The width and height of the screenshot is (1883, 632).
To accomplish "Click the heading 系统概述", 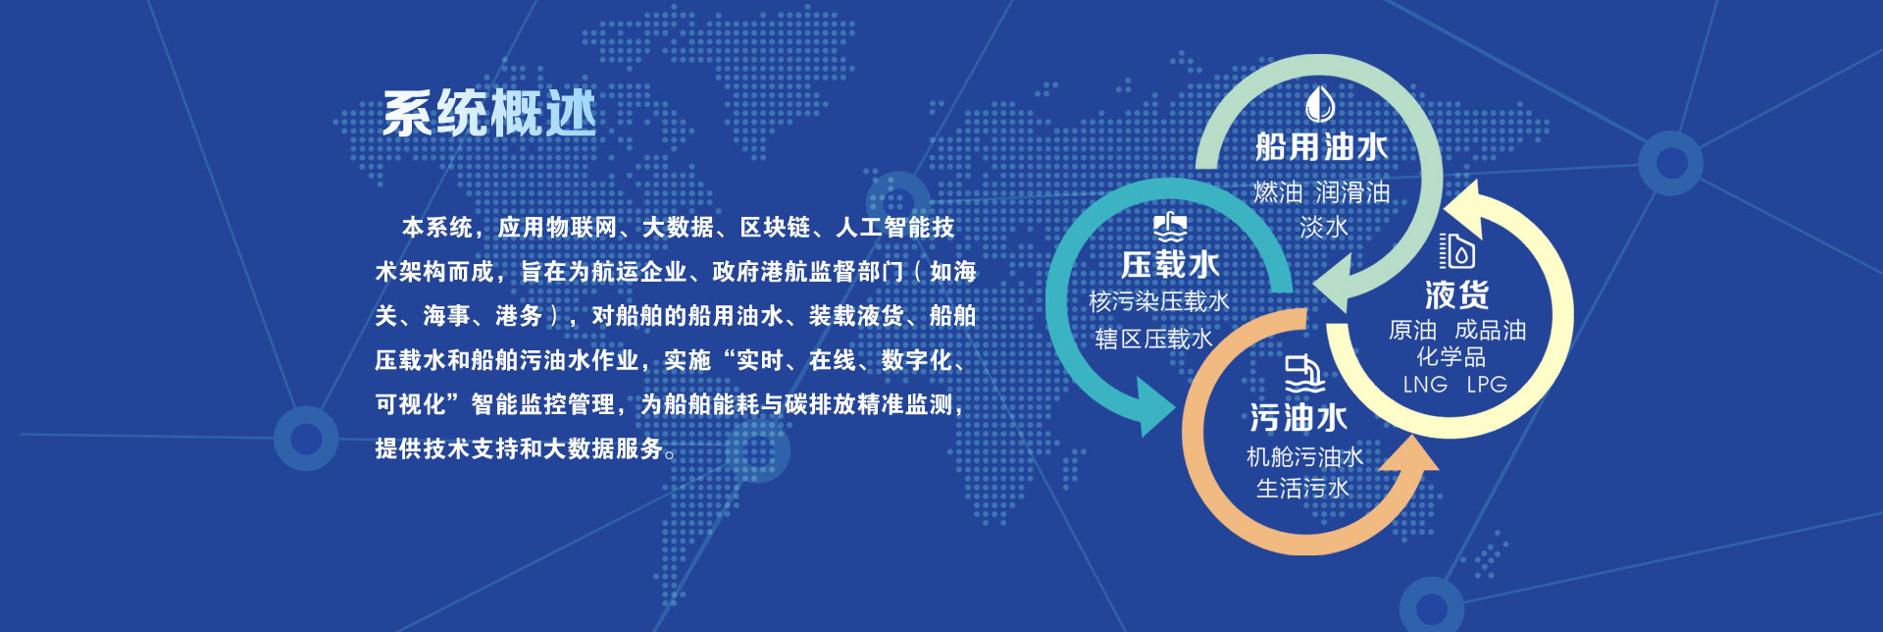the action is coord(488,114).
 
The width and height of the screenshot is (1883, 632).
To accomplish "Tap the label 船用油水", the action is coord(1321,147).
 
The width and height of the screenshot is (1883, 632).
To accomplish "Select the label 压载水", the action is coord(1169,264).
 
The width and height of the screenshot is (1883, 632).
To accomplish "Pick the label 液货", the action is coord(1456,294).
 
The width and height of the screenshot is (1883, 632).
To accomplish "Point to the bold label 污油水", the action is coord(1298,418).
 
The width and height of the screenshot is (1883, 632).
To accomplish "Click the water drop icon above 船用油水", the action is coord(1320,103).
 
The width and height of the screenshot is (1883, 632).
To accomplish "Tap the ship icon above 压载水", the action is coord(1169,228).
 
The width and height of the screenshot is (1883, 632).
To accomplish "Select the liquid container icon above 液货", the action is coord(1456,250).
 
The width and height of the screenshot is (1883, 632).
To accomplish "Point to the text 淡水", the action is coord(1323,228).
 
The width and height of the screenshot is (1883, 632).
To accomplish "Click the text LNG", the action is coord(1425,385).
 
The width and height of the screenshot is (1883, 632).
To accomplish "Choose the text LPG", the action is coord(1487,385).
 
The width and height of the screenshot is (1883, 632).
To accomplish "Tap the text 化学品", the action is coord(1450,357).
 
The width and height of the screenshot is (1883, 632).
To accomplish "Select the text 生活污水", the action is coord(1303,488).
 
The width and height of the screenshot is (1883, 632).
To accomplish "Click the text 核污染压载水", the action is coord(1158,301).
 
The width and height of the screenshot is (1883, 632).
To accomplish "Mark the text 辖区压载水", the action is coord(1153,340).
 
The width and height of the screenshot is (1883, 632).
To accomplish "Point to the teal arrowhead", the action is coord(1152,404).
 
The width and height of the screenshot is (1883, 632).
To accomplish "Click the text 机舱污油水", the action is coord(1304,456).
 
